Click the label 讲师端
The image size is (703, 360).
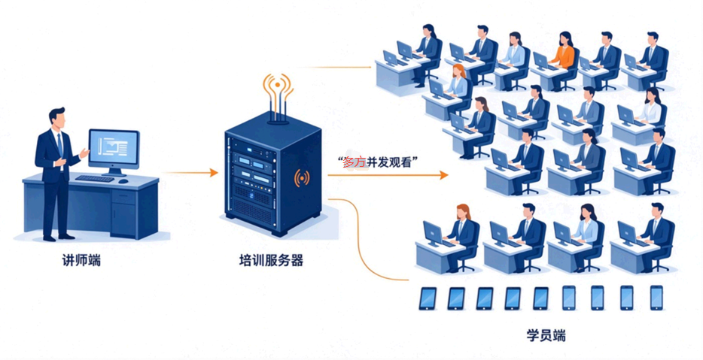[x=81, y=261]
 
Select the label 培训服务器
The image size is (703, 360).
[x=271, y=261]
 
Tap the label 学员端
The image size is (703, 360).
[x=546, y=335]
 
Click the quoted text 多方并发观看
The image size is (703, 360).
[x=378, y=162]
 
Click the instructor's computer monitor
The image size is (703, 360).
[x=114, y=148]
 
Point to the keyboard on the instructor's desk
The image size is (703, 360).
[x=95, y=178]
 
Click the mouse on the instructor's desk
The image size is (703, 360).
[x=123, y=181]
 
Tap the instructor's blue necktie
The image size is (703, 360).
[x=60, y=144]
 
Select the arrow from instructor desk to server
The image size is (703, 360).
[x=190, y=172]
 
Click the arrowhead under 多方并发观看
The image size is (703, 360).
[x=443, y=175]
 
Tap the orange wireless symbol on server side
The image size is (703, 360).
[x=302, y=178]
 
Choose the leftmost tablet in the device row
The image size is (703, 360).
[x=428, y=298]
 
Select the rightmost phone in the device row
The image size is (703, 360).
[x=656, y=298]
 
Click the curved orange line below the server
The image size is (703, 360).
[x=359, y=237]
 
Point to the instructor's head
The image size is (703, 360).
[x=58, y=118]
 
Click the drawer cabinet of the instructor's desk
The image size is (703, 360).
[x=124, y=211]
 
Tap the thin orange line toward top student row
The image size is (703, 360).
[x=333, y=67]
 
